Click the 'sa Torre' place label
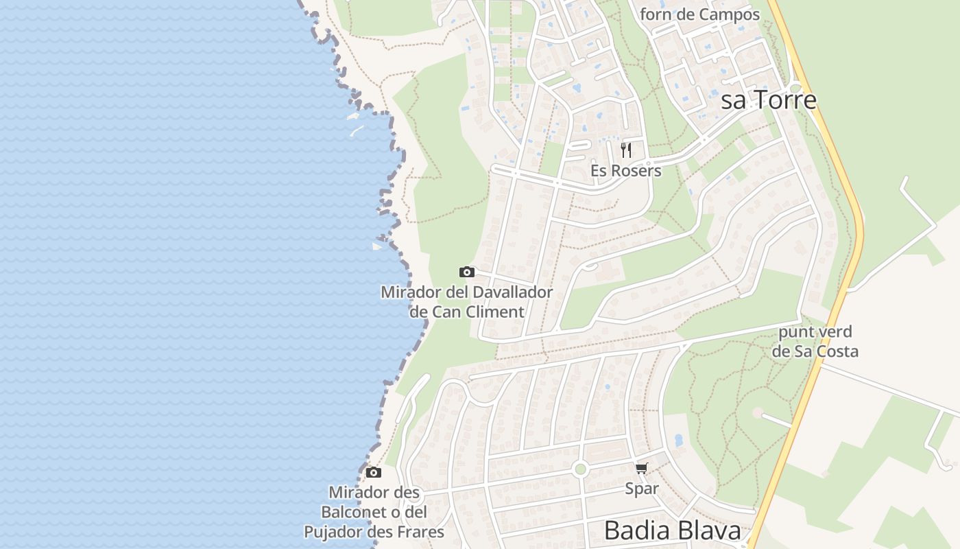(x=768, y=100)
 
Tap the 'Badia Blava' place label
(x=672, y=530)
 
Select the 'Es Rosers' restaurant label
(x=625, y=171)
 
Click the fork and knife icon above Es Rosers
(x=625, y=150)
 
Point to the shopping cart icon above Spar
(x=641, y=469)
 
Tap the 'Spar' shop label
(x=641, y=489)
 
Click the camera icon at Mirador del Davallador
(x=466, y=272)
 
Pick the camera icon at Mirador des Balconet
(x=373, y=472)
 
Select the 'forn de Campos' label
(x=699, y=14)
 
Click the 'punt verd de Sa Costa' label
(x=815, y=342)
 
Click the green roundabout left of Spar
(x=581, y=469)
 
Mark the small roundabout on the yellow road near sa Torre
(x=795, y=88)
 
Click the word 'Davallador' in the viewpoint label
(x=509, y=292)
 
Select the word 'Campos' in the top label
(x=730, y=14)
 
